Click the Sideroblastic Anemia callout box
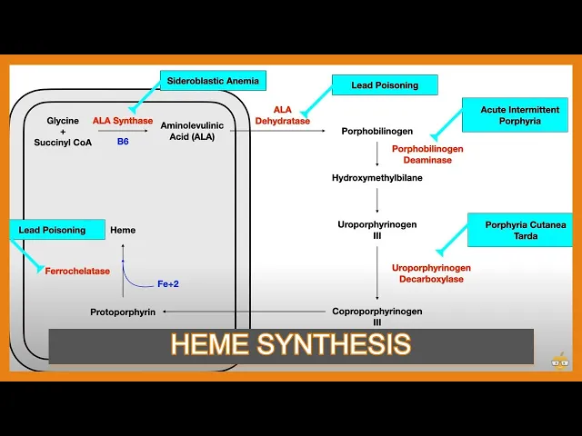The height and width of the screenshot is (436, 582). coord(212,81)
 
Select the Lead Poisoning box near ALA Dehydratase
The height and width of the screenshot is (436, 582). coord(385,85)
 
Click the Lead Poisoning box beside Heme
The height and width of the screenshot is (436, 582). coord(56,230)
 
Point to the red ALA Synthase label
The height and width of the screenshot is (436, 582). coord(123,121)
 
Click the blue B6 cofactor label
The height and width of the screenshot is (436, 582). coord(123,141)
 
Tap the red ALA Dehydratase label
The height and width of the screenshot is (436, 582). coord(282,115)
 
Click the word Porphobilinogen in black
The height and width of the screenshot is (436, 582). coord(376,131)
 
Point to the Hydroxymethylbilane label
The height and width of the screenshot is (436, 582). coord(376,178)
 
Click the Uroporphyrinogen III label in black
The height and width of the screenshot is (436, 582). coord(376,229)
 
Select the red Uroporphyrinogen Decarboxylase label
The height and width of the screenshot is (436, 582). coord(431,273)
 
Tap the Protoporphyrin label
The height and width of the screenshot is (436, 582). coord(122,312)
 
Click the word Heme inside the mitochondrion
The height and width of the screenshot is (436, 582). coord(123,230)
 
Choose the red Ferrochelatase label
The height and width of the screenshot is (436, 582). coord(77,271)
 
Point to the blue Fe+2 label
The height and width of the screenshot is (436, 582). coord(168,284)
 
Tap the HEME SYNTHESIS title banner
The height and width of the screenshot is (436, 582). coord(291,345)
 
